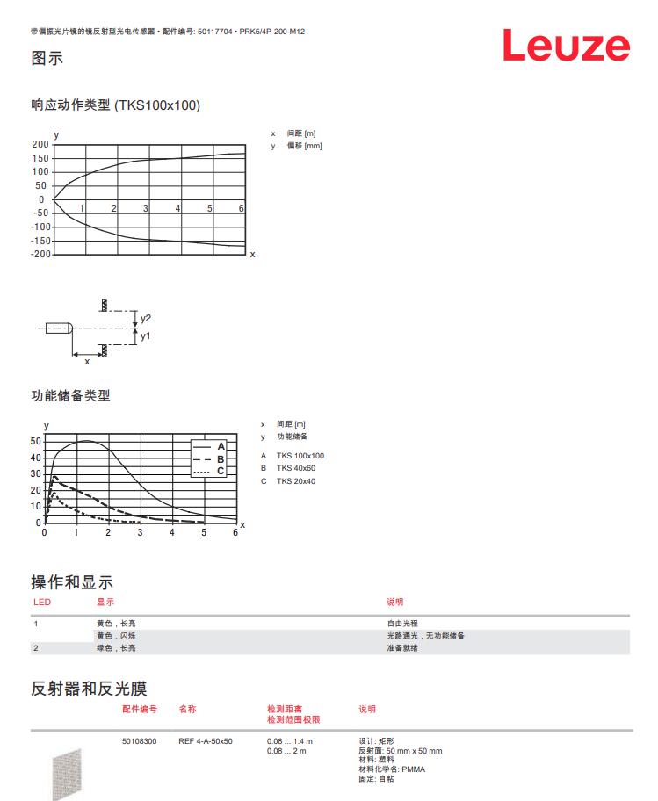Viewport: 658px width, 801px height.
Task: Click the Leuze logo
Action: tap(566, 47)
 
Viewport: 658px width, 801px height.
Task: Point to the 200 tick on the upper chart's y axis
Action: tap(40, 144)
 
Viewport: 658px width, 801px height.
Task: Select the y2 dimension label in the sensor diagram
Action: tap(146, 318)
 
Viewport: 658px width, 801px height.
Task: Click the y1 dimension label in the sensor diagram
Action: tap(146, 336)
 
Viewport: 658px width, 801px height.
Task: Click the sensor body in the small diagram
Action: tap(58, 328)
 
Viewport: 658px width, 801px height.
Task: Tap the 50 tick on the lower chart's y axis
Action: tap(36, 441)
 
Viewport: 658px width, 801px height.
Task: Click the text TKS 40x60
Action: tap(295, 468)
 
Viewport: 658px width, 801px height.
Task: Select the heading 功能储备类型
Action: tap(71, 396)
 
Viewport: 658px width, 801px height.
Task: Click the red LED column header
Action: tap(41, 602)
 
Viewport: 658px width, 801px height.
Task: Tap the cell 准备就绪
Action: tap(401, 648)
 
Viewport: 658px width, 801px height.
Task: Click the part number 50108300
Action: tap(139, 741)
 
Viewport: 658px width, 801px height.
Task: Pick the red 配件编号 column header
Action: tap(139, 708)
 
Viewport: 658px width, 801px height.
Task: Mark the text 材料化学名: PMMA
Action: tap(391, 769)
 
